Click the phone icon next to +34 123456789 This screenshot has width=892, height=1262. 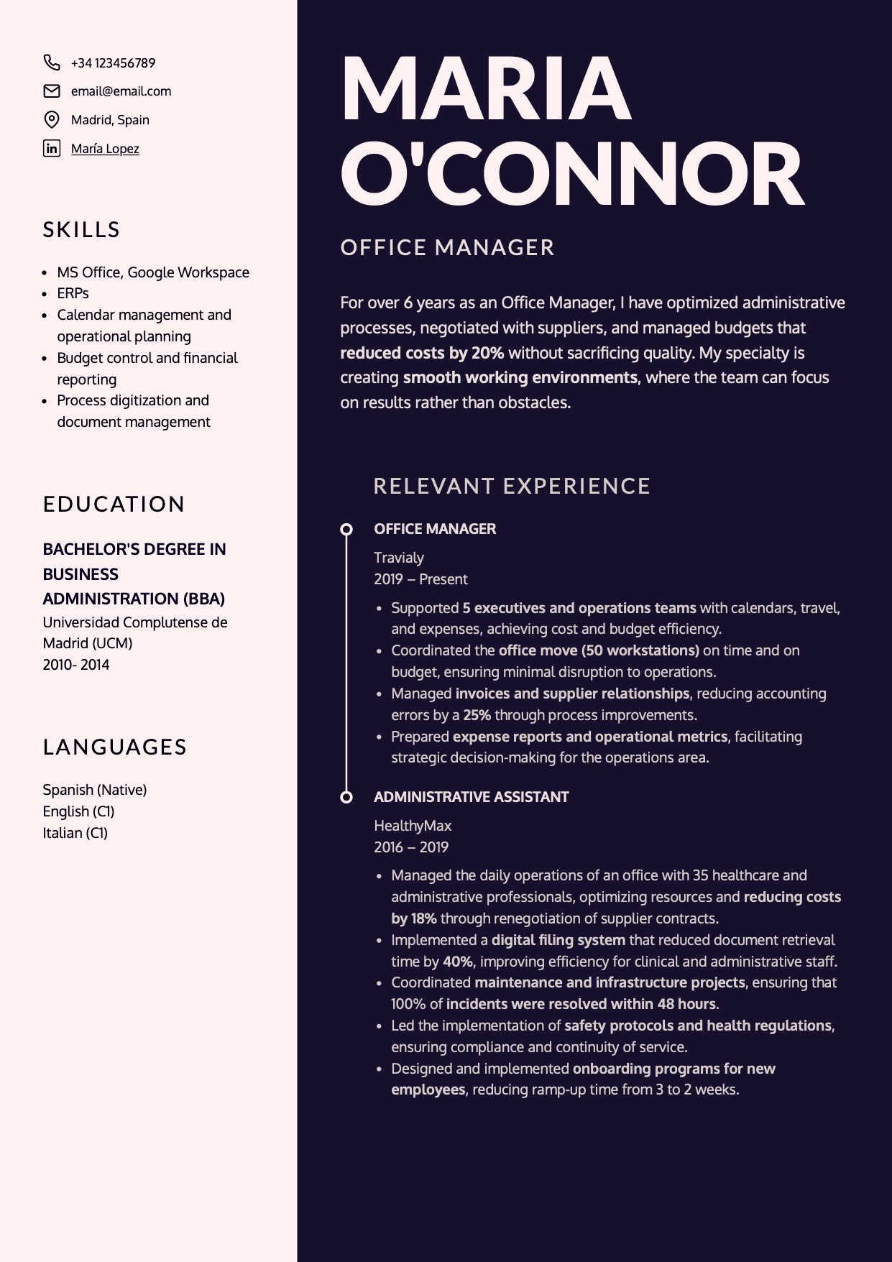[52, 63]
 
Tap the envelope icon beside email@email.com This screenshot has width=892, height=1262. [52, 91]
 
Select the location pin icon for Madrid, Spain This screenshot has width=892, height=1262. [52, 119]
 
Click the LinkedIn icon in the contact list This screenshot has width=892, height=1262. [52, 149]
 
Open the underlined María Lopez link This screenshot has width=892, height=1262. [105, 149]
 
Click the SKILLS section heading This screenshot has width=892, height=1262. [81, 230]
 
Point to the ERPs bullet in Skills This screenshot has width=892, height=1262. [73, 293]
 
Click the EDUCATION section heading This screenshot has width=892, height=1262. [114, 505]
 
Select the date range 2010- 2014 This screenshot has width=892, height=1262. [76, 665]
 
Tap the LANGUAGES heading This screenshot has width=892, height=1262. [114, 747]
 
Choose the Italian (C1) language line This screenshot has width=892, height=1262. [75, 833]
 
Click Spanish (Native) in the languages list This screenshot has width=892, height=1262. [94, 790]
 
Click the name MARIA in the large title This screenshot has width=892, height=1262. [486, 88]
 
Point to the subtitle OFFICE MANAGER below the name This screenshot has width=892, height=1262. [447, 248]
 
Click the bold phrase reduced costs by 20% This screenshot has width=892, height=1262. [422, 353]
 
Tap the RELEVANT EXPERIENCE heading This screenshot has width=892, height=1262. [512, 487]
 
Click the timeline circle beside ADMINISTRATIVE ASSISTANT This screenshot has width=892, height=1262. [346, 797]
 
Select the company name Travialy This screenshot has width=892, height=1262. [399, 558]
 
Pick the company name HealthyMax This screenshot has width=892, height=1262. [413, 826]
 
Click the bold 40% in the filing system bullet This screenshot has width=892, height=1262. [457, 962]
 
